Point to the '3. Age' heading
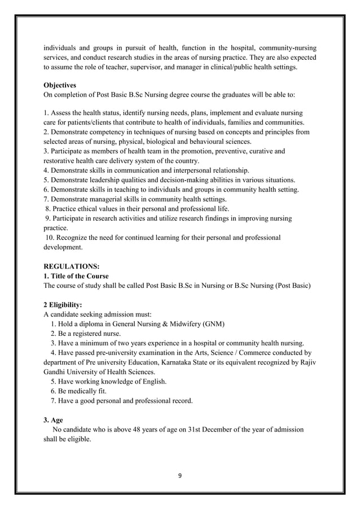pos(53,419)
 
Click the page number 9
pos(179,475)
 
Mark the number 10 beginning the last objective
pos(50,238)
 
